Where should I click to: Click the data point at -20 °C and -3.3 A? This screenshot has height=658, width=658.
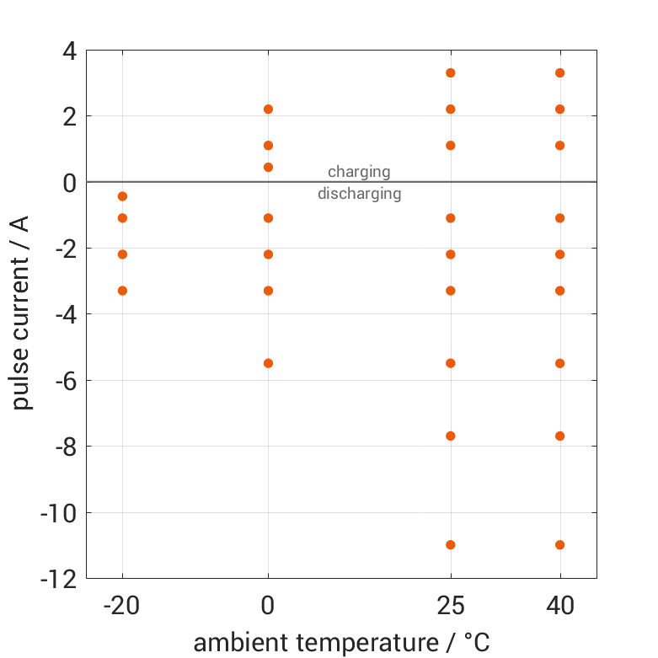[x=122, y=291]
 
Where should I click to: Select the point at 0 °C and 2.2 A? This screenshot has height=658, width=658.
[x=268, y=109]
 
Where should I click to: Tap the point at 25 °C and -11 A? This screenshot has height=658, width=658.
[x=451, y=545]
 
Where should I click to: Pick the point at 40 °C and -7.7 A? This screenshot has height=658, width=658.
[x=559, y=436]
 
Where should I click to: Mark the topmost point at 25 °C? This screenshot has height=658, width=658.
[x=451, y=72]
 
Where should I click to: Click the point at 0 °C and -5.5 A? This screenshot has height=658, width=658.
[x=268, y=363]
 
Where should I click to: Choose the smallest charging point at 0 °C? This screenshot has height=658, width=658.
[x=268, y=167]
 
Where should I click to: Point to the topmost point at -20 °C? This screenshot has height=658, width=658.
[x=122, y=196]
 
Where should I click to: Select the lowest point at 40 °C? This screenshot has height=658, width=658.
[x=559, y=545]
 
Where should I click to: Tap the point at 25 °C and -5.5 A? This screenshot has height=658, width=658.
[x=451, y=363]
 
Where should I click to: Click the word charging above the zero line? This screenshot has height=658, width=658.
[x=359, y=172]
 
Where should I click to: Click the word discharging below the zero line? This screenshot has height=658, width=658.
[x=359, y=194]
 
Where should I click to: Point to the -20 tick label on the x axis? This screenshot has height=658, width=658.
[x=122, y=604]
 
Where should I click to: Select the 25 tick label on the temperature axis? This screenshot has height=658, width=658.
[x=451, y=604]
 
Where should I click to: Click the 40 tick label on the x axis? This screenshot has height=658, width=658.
[x=559, y=604]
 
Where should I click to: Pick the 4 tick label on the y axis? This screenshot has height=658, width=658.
[x=68, y=51]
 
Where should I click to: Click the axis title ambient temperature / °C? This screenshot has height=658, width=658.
[x=341, y=643]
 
